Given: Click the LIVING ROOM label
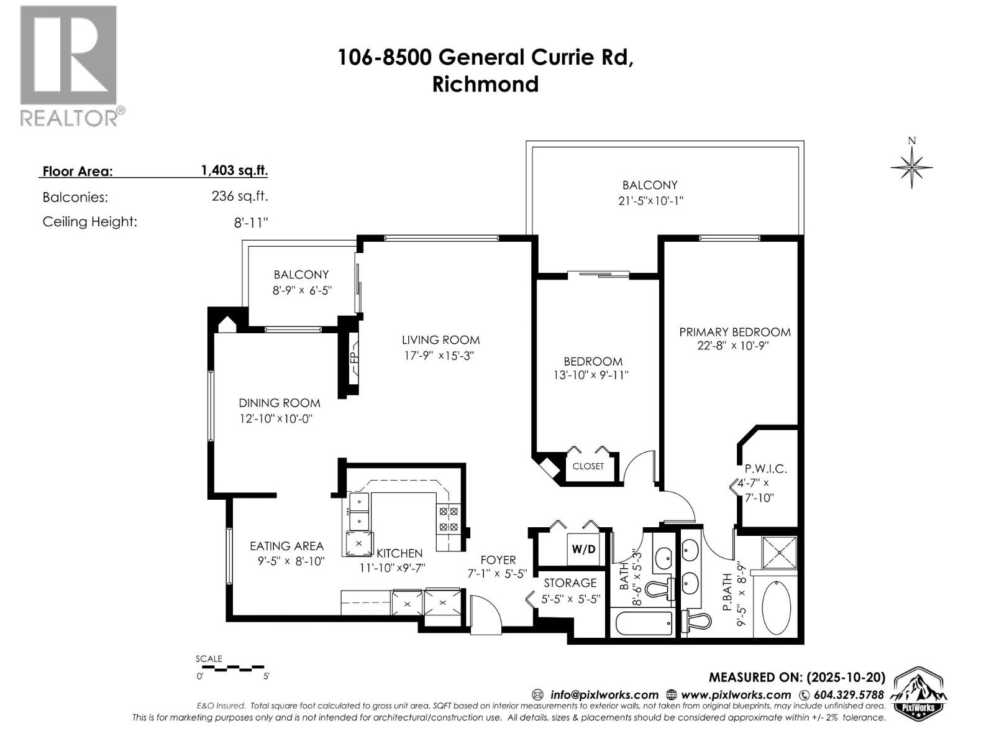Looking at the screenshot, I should coord(440,340).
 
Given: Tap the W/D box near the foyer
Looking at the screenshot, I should coord(583,549).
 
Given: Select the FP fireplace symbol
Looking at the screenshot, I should coord(353,358).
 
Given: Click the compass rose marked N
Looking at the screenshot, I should coord(911,166).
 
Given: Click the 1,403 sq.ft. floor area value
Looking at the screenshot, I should coord(234,170).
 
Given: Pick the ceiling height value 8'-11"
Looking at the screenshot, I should coord(251,223).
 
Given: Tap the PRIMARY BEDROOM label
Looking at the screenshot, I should coord(734,332).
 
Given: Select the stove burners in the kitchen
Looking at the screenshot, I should coord(449,519).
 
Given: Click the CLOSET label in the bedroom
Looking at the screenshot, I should coord(588,466).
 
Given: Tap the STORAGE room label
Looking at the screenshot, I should coord(570,583).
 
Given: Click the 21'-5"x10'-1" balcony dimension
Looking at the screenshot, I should coord(650,201).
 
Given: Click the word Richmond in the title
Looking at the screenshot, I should coord(485,84).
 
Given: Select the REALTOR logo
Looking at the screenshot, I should coord(69,65).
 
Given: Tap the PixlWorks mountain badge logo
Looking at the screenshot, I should coord(919,694).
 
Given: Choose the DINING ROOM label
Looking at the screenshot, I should coord(279,403).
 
